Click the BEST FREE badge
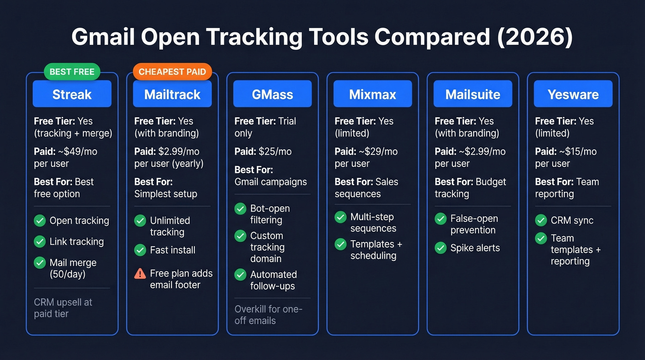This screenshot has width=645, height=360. [72, 72]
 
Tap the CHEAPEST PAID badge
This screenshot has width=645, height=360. [172, 72]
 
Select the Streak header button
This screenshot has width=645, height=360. [72, 94]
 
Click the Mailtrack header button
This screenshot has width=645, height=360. [172, 94]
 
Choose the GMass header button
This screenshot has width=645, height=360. [272, 94]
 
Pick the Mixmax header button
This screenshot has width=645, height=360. [373, 94]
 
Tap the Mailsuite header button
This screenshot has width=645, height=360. [473, 94]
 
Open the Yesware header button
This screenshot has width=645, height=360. [573, 94]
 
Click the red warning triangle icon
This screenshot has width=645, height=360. [140, 273]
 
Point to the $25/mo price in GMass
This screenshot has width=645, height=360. [275, 151]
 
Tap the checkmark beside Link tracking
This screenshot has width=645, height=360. [40, 241]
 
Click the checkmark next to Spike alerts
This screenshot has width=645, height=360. [441, 248]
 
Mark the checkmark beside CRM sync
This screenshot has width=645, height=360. [541, 220]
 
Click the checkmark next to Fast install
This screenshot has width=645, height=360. [140, 250]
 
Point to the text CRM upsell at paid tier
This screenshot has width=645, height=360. [63, 308]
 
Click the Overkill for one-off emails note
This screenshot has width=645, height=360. [269, 314]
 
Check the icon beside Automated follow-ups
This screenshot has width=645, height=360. [240, 275]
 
